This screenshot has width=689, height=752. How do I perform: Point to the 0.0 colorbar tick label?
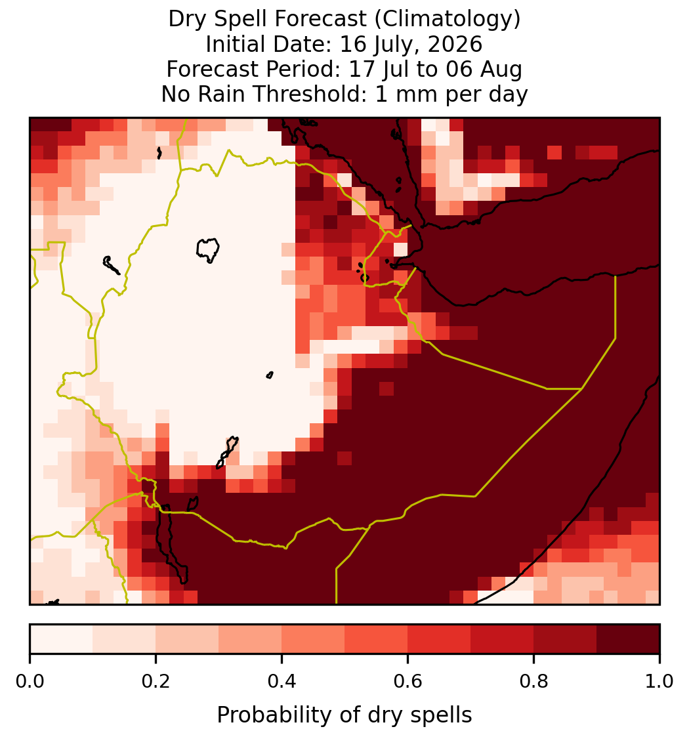30,681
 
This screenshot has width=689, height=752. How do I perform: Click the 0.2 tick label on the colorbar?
156,681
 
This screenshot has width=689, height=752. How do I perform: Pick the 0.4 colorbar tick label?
282,681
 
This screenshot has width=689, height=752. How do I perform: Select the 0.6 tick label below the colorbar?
407,681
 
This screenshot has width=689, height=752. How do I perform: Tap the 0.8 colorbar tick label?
533,681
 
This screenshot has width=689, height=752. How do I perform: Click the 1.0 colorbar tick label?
659,681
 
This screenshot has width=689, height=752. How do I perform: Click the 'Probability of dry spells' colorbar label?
344,715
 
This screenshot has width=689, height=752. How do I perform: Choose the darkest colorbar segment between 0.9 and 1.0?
628,639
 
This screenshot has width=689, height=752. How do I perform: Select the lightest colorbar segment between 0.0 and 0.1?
62,639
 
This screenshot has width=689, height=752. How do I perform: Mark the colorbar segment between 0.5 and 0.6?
377,639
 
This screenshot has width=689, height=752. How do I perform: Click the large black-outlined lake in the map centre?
207,249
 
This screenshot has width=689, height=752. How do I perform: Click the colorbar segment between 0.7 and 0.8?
502,639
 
